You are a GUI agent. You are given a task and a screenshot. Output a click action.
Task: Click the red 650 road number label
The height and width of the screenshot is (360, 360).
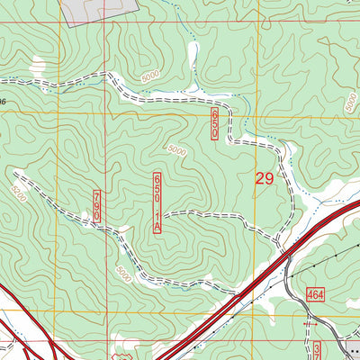point(214,124)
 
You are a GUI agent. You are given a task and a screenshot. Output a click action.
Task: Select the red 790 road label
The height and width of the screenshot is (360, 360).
point(97,206)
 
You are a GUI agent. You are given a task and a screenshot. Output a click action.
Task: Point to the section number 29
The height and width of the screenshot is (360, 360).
point(264,179)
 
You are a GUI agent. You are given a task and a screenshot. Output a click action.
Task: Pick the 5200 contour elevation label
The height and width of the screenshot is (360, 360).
point(19,191)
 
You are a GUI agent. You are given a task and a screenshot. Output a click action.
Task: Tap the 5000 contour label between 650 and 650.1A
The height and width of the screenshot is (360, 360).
point(176,152)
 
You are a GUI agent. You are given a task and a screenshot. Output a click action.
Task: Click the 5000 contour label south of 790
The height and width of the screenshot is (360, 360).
point(122,270)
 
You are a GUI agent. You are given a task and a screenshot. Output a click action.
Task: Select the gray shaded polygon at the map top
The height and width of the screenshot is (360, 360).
point(99,9)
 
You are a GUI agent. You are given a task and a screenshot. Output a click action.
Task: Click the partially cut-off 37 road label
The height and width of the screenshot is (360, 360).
point(317,349)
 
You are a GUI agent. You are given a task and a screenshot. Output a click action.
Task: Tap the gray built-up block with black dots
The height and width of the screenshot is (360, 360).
point(351,349)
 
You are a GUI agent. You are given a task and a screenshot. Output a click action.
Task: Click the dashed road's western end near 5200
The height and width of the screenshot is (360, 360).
point(14,171)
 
